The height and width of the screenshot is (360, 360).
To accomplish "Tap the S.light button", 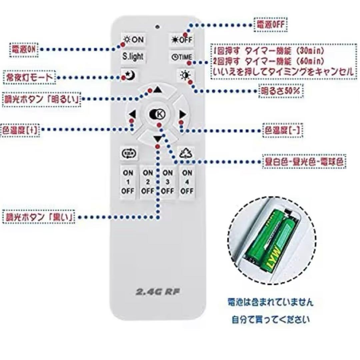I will (133, 57).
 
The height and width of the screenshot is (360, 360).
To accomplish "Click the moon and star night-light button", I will (129, 76).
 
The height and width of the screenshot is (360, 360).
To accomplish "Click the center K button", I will (158, 114).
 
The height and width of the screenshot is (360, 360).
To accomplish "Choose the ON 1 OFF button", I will (128, 182).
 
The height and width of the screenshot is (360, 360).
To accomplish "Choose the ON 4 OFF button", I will (187, 182).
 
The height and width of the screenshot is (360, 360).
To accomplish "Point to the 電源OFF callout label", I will (271, 25).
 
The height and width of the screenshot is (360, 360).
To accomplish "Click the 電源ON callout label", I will (24, 49).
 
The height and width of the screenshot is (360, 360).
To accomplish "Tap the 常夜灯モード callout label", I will (29, 78).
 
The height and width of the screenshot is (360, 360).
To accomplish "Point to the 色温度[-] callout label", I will (283, 130).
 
